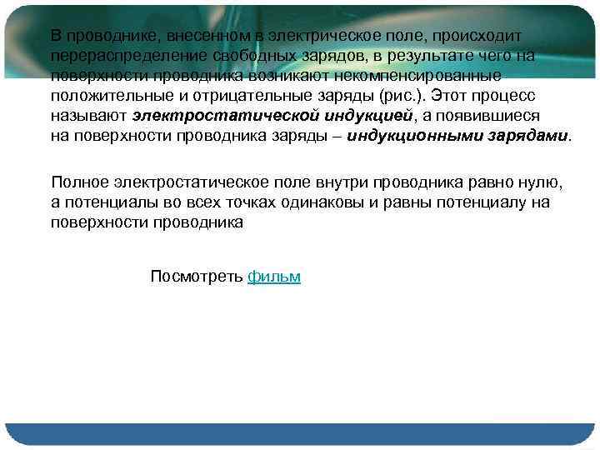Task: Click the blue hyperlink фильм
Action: [274, 277]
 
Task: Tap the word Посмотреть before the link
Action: [197, 277]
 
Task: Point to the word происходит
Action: [477, 35]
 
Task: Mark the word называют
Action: [88, 115]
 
